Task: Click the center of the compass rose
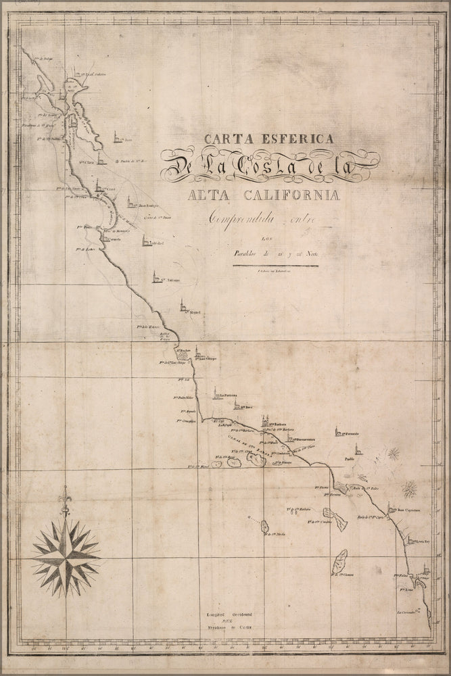[x=66, y=553]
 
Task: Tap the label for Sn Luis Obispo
[x=207, y=358]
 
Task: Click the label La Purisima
[x=231, y=397]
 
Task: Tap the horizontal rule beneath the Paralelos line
[x=275, y=266]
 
